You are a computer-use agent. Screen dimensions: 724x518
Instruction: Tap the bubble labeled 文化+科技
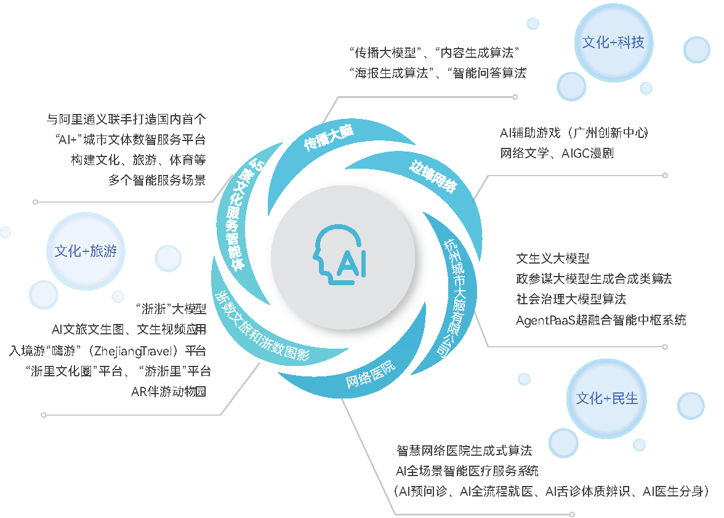tap(613, 42)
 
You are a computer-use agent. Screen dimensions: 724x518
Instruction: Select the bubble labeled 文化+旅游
tap(86, 251)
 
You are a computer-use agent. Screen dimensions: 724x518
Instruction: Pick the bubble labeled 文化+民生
tap(607, 399)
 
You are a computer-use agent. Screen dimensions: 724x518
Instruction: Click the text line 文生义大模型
tap(553, 258)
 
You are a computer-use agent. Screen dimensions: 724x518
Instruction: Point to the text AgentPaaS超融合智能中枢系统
tap(601, 320)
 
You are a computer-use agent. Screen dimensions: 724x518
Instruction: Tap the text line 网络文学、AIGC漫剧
tap(557, 153)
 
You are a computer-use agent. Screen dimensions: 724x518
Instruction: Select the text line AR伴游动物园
tap(169, 391)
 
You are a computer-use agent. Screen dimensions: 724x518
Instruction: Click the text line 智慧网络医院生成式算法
tap(464, 450)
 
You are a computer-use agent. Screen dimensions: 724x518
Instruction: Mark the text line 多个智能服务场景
tap(157, 180)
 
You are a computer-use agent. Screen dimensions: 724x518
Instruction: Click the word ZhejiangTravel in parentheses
tap(133, 351)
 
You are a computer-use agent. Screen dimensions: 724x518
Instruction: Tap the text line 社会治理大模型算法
tap(571, 299)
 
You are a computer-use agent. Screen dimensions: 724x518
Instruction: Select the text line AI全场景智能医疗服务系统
tap(467, 471)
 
